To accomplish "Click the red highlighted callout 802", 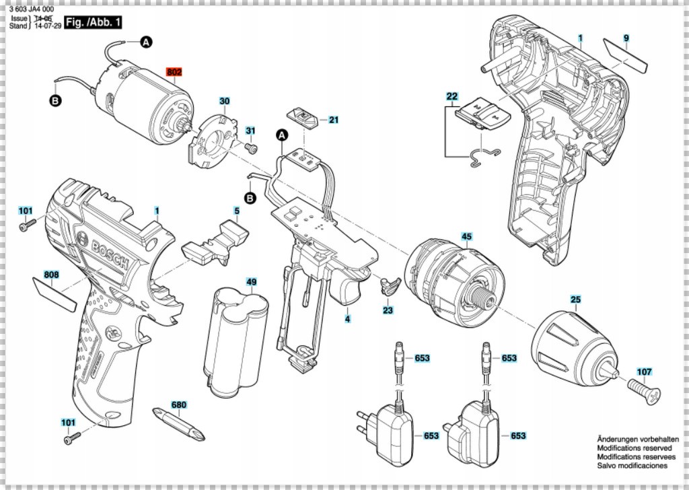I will tap(174, 72).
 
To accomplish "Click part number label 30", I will tap(225, 101).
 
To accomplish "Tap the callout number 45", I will tap(466, 236).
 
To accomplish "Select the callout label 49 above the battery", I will tap(251, 281).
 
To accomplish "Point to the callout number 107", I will tap(644, 371).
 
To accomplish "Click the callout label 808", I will tap(51, 275).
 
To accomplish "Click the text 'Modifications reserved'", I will tap(633, 448).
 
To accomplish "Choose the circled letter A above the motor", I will tap(146, 42).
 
